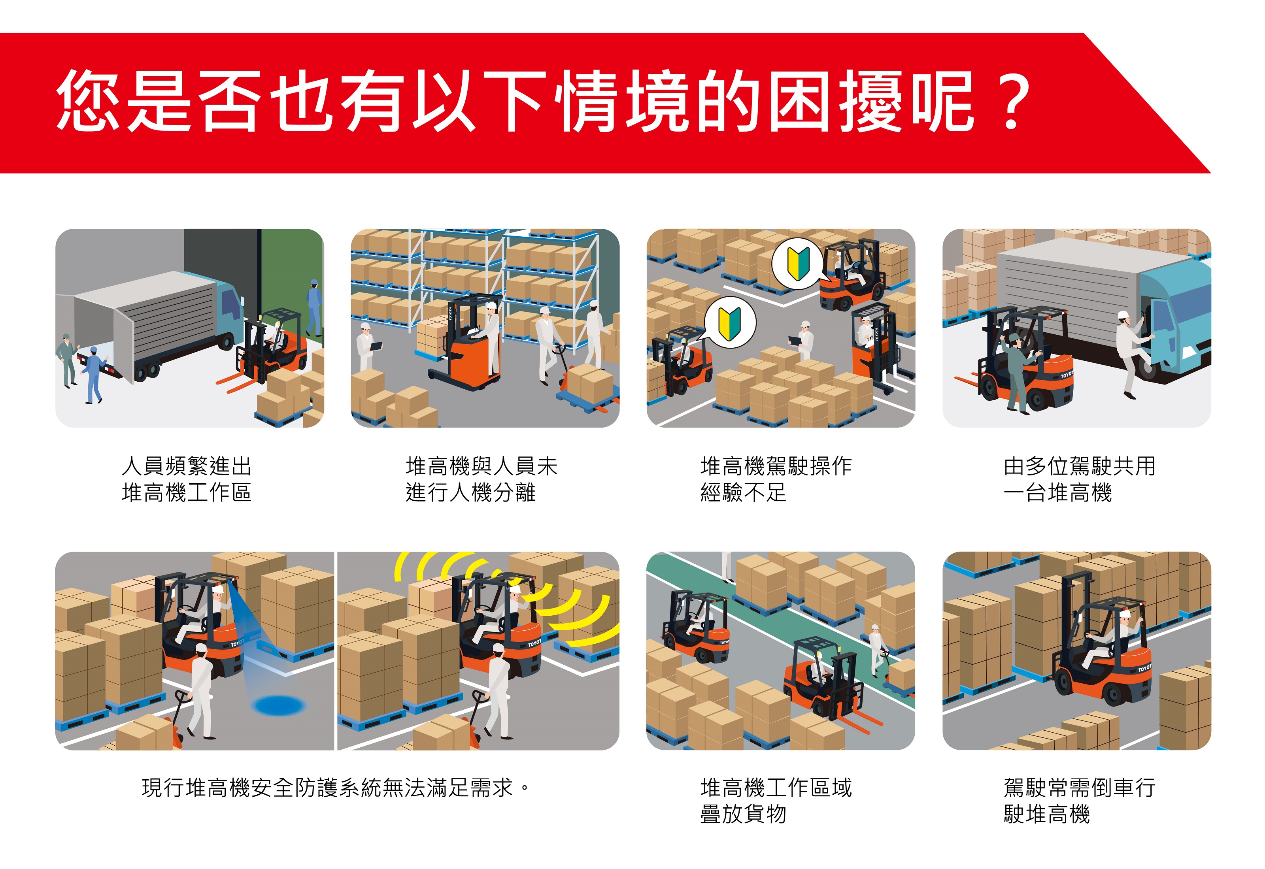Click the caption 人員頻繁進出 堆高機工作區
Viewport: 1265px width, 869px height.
pyautogui.click(x=187, y=479)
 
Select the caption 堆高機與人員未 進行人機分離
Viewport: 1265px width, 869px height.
pyautogui.click(x=482, y=479)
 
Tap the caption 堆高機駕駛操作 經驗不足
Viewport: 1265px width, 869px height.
pyautogui.click(x=776, y=479)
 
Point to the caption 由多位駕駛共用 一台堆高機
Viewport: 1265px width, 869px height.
pyautogui.click(x=1079, y=479)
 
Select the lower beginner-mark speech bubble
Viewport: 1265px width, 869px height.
pyautogui.click(x=730, y=322)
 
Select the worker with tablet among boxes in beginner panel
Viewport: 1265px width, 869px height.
pyautogui.click(x=802, y=340)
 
